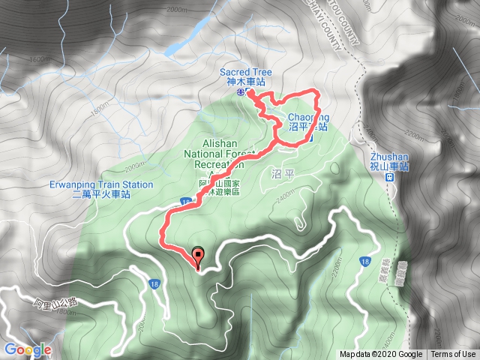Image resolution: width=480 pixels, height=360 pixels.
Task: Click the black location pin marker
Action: pos(198,256)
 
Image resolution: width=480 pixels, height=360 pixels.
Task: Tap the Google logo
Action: pos(28,349)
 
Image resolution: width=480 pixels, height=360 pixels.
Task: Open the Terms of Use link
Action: pos(453,355)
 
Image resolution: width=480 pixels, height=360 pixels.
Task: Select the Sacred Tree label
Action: pos(246,73)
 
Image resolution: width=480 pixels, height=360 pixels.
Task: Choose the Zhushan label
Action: pos(389,157)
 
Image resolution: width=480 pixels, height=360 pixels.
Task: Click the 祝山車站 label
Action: pos(389,166)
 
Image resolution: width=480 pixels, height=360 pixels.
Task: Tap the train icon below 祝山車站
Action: pos(390,178)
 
